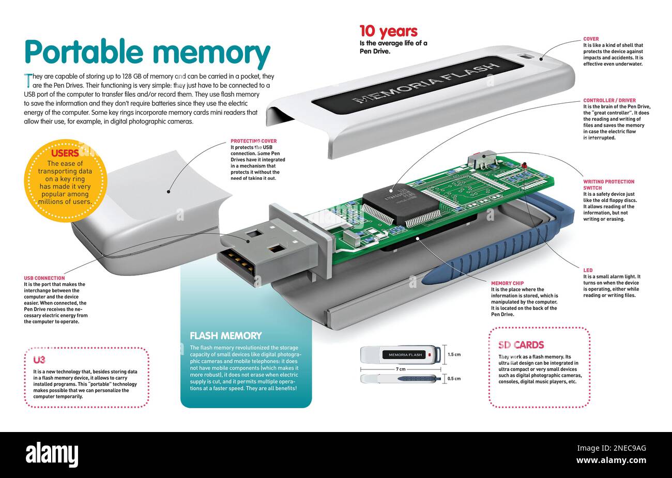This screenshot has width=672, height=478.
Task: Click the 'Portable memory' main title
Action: click(147, 53)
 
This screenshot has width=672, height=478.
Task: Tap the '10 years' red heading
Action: click(388, 31)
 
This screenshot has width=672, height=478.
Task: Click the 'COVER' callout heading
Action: click(591, 39)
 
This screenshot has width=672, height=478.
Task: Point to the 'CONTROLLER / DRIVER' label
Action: click(609, 100)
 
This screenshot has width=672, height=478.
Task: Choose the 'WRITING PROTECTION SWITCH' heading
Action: click(608, 184)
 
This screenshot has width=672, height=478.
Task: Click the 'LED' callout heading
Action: click(588, 270)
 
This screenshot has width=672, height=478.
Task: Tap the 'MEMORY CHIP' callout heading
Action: click(507, 283)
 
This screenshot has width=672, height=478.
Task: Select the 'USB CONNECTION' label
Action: click(44, 278)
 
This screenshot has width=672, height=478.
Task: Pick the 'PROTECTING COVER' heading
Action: click(253, 141)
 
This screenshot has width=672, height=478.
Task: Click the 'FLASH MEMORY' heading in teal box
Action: click(225, 335)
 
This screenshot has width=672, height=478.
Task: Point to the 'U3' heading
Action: click(39, 360)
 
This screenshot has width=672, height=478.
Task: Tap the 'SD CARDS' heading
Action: click(521, 345)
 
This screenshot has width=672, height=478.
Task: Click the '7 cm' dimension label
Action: click(401, 369)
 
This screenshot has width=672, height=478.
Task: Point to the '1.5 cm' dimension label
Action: click(454, 354)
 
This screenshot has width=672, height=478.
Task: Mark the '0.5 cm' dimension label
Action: click(454, 379)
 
